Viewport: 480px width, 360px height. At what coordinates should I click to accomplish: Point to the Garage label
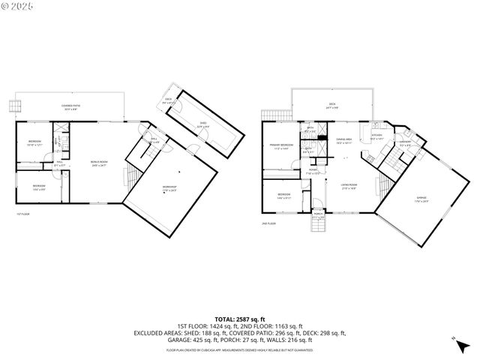tap(421, 199)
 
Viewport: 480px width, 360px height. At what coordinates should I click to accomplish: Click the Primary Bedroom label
tap(282, 147)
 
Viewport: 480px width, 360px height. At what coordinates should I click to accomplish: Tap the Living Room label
tap(349, 185)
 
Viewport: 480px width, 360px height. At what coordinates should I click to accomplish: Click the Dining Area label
tap(344, 140)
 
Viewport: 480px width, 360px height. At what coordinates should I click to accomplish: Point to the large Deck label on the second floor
tap(332, 106)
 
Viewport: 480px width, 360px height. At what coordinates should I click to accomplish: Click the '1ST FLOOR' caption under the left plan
tap(23, 214)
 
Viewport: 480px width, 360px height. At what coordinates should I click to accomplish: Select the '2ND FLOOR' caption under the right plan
tap(268, 223)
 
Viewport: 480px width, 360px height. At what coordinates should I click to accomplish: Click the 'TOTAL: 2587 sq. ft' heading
tap(240, 319)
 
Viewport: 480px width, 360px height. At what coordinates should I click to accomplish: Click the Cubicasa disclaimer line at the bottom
tap(240, 349)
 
